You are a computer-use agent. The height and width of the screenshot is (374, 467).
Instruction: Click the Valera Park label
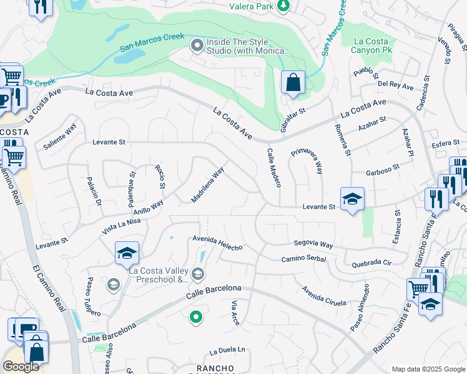252,6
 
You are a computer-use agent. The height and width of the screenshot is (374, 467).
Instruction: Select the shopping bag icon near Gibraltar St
292,82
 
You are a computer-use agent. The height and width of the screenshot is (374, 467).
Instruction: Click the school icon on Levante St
352,199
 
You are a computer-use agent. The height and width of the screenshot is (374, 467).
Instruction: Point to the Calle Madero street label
275,168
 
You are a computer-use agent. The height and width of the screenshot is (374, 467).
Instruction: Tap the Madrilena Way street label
207,185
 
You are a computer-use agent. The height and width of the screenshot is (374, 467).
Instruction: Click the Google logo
21,367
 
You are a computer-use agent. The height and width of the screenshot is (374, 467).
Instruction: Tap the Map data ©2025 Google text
427,369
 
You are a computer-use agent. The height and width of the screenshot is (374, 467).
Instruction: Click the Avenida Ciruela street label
323,296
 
